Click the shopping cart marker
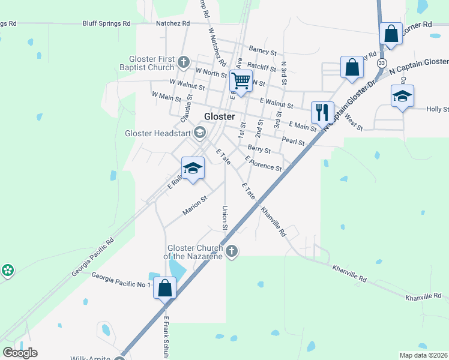(x=241, y=80)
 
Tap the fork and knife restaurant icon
(x=322, y=112)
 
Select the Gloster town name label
(x=219, y=116)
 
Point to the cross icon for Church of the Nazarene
(x=232, y=251)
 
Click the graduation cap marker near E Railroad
(x=193, y=168)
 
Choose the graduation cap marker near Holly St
(x=402, y=96)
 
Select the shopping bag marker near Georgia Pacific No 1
(x=164, y=288)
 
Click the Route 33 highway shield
(x=381, y=62)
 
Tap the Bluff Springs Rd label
(x=109, y=23)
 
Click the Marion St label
(x=194, y=205)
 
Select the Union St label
(x=225, y=218)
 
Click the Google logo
(x=20, y=353)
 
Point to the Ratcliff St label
(x=261, y=67)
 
